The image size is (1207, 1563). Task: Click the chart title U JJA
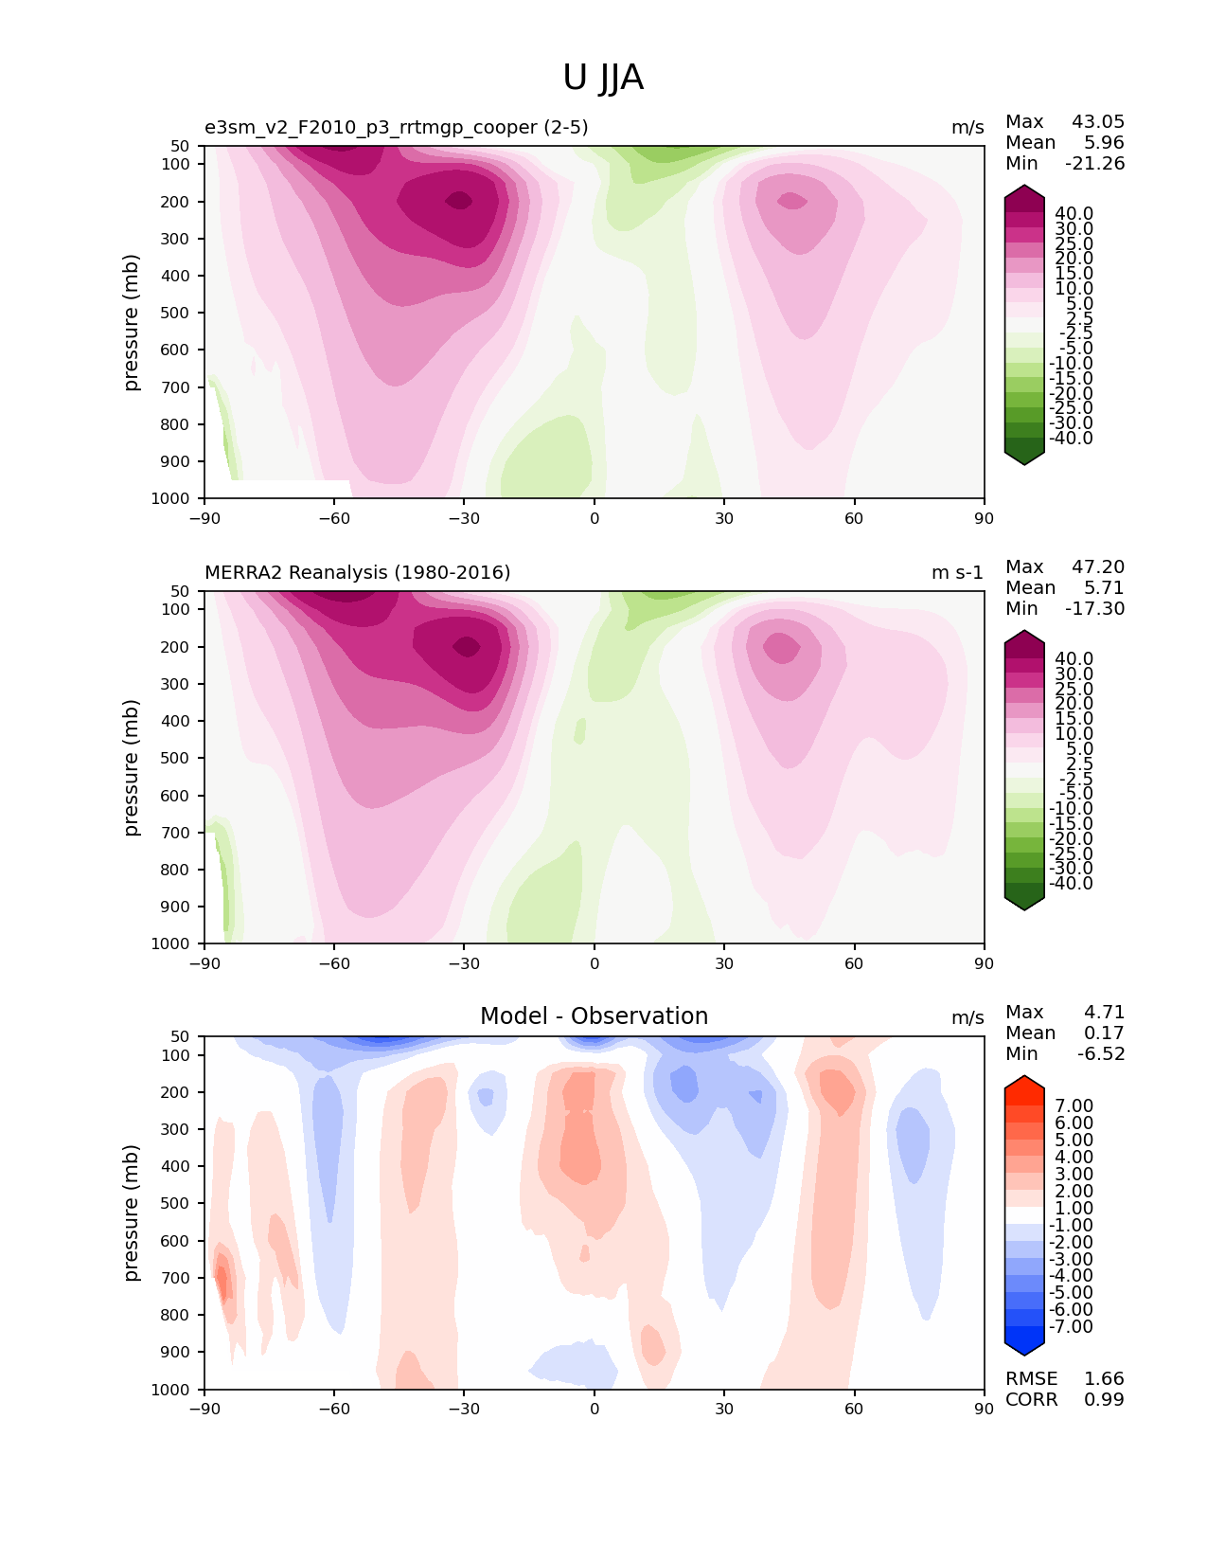click(x=603, y=78)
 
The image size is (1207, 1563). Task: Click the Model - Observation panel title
click(x=594, y=1016)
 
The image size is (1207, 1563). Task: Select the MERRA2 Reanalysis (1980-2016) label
click(x=357, y=572)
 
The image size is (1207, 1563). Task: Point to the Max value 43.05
click(x=1098, y=121)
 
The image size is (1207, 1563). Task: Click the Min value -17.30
click(x=1095, y=608)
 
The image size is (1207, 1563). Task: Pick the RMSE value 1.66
click(x=1104, y=1378)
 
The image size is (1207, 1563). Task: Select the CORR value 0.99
click(x=1104, y=1399)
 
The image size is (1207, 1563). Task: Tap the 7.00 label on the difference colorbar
click(x=1074, y=1105)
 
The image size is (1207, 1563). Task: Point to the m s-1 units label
click(x=957, y=572)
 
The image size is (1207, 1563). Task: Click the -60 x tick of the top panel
click(x=334, y=518)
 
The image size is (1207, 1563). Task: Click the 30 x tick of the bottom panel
click(x=724, y=1409)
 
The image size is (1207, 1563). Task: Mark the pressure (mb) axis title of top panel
click(x=132, y=322)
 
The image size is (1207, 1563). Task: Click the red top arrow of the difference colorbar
click(x=1024, y=1084)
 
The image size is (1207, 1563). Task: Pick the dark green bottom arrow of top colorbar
click(x=1024, y=457)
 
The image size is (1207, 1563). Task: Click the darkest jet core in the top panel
click(x=460, y=200)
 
